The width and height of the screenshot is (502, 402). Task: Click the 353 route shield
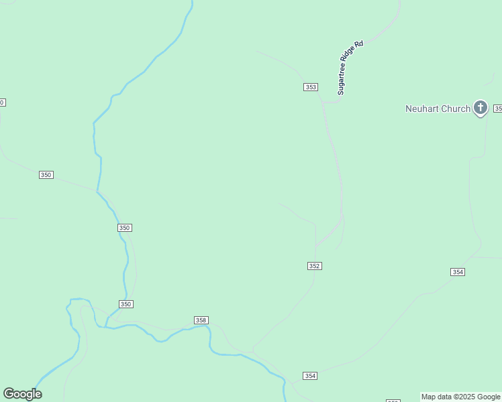(x=310, y=87)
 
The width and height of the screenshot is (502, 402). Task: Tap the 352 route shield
(x=315, y=266)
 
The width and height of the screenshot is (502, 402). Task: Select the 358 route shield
(x=201, y=320)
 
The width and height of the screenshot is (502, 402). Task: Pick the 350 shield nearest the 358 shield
(x=126, y=304)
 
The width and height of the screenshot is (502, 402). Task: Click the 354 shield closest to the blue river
(x=310, y=376)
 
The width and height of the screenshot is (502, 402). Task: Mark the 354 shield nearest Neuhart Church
(x=458, y=272)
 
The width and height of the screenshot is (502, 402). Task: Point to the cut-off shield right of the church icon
(x=497, y=109)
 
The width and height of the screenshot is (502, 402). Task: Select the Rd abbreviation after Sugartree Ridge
(x=360, y=43)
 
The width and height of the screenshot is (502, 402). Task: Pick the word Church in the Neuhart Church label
(x=456, y=109)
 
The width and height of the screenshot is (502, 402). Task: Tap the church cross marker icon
(x=481, y=107)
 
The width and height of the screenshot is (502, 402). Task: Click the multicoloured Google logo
(x=22, y=394)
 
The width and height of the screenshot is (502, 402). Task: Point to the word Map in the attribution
(x=429, y=397)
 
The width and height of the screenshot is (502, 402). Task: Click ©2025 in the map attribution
(x=466, y=397)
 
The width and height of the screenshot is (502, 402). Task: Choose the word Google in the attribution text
(x=489, y=397)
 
